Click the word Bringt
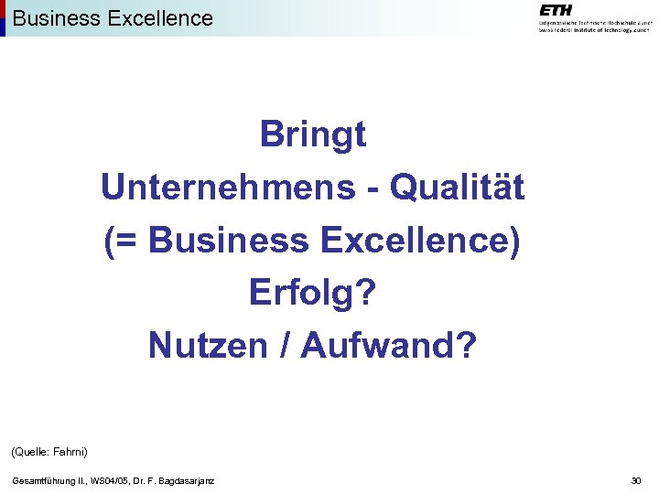click(313, 135)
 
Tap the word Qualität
click(457, 188)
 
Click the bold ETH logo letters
click(556, 10)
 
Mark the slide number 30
click(636, 480)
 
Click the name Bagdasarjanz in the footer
click(189, 480)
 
